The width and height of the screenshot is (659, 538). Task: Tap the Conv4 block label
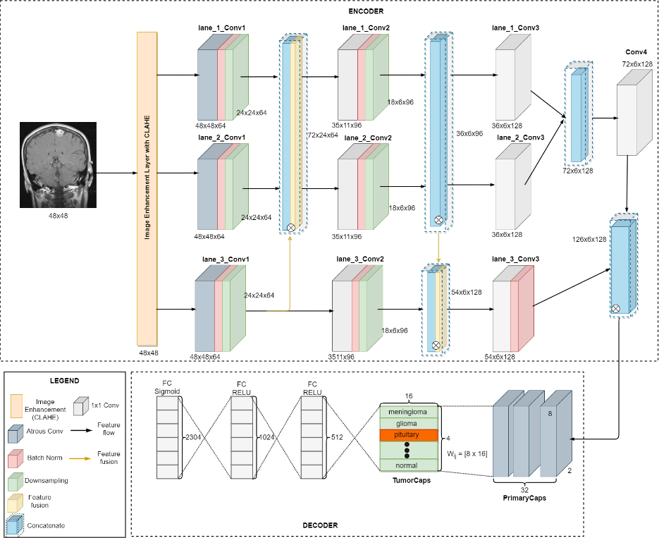[x=636, y=52]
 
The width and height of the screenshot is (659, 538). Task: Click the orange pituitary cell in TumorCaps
[x=409, y=435]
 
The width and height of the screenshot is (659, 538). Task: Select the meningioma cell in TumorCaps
[x=409, y=412]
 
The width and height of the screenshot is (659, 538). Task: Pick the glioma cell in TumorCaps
[x=409, y=424]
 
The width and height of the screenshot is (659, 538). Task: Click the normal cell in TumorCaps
[x=409, y=465]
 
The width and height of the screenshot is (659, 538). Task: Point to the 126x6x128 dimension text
[x=590, y=240]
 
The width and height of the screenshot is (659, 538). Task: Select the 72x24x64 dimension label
[x=323, y=134]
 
